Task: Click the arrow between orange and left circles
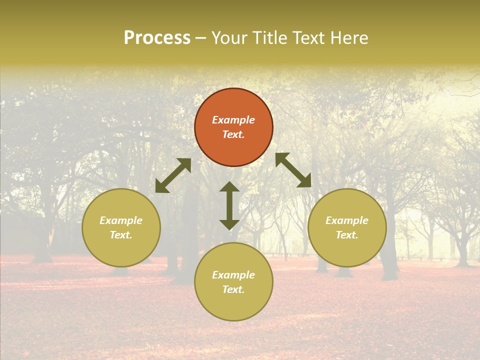(173, 175)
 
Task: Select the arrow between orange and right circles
(293, 170)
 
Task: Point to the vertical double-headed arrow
(229, 205)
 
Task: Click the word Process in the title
(157, 38)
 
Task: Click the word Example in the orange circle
(233, 120)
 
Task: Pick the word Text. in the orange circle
(233, 134)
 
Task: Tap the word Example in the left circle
(121, 220)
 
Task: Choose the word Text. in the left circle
(121, 235)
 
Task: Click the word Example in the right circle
(347, 220)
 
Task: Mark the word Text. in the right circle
(347, 235)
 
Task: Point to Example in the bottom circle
(233, 275)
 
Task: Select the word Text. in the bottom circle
(233, 289)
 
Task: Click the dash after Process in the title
(201, 38)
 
